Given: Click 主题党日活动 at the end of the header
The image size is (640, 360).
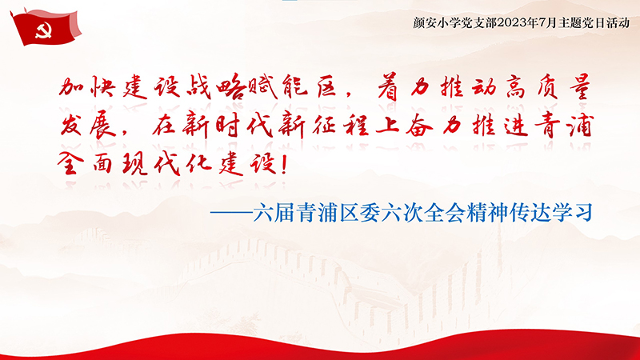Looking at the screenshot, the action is pos(594,23).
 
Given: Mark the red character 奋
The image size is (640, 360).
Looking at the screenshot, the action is pos(419,126).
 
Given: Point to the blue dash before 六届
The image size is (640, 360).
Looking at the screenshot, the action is pos(231,213).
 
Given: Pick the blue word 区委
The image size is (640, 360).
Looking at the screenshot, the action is pos(359,213).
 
